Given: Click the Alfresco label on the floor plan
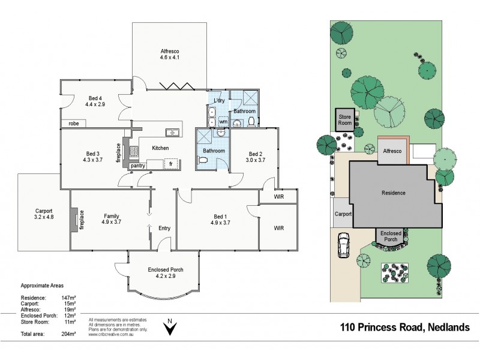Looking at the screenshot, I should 170,50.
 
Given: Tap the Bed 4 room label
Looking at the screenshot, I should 95,98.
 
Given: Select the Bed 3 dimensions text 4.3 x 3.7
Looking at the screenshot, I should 94,160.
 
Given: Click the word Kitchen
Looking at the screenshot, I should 160,148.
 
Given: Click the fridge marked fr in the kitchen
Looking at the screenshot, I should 171,163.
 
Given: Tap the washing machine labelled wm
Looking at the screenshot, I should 223,122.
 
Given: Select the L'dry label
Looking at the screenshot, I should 217,100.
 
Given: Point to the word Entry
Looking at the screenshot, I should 164,228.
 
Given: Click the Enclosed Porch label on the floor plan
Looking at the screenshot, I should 165,269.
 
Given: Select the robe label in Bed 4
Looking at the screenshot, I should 74,124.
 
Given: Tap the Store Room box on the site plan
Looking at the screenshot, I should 344,119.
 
